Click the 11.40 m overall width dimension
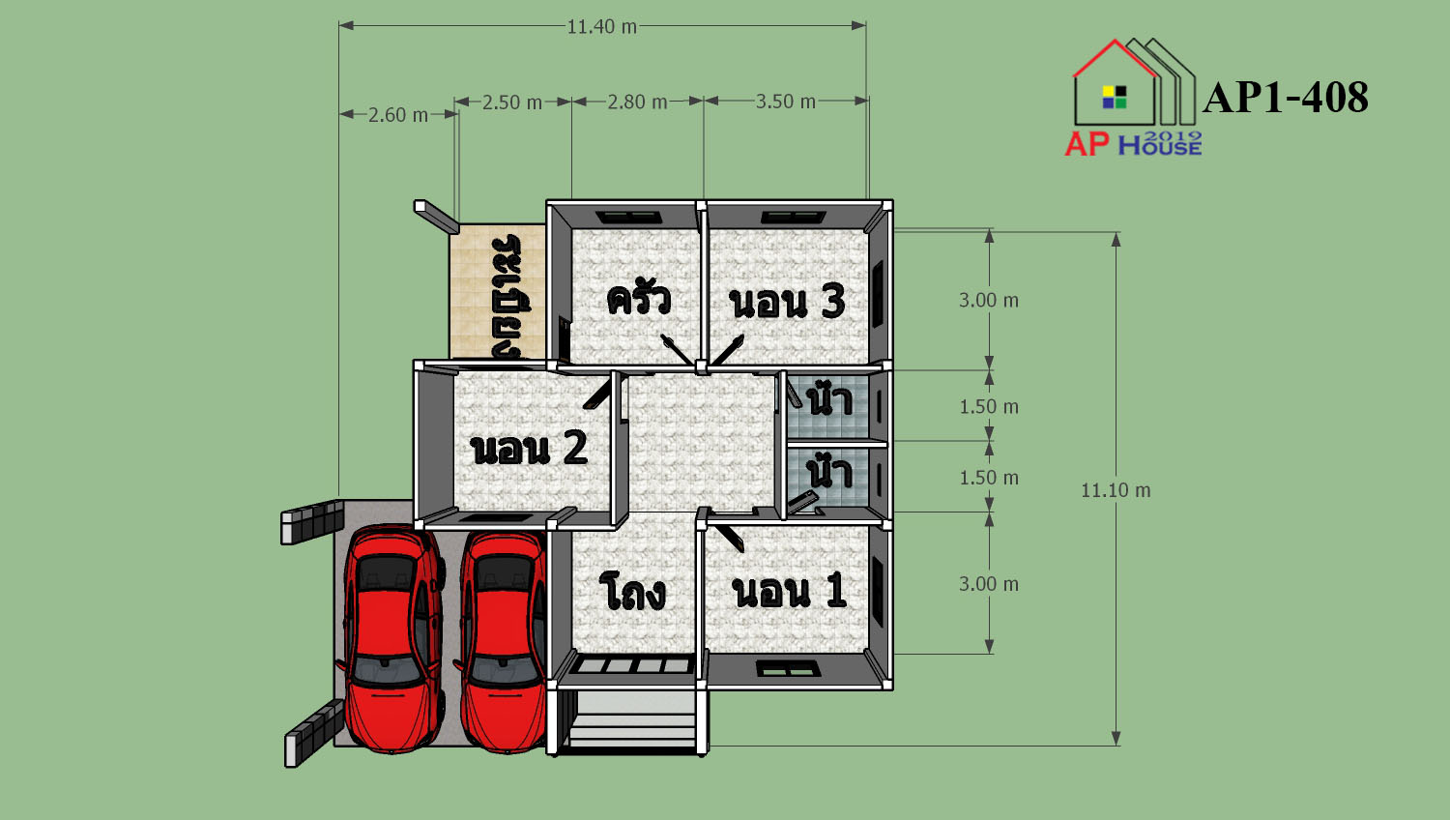pos(602,26)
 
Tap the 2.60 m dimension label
pos(398,115)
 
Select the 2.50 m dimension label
pos(512,102)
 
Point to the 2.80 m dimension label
pos(637,102)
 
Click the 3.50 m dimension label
pos(785,101)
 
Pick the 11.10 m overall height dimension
pos(1116,490)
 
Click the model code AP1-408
pos(1286,97)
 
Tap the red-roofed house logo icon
pos(1134,81)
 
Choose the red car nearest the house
pos(502,641)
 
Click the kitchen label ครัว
pos(638,299)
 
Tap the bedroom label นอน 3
pos(787,302)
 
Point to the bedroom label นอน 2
pos(529,448)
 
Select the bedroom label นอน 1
pos(789,590)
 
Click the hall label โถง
pos(632,591)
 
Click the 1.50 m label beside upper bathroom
pos(989,407)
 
